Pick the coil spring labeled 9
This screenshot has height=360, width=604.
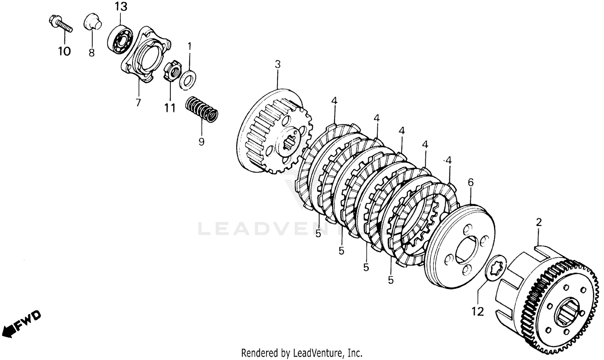click(x=202, y=109)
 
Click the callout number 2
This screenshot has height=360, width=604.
click(x=539, y=222)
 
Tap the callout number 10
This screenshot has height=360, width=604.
click(x=64, y=51)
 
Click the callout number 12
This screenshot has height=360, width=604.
click(x=478, y=311)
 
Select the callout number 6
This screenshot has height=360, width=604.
click(x=471, y=182)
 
